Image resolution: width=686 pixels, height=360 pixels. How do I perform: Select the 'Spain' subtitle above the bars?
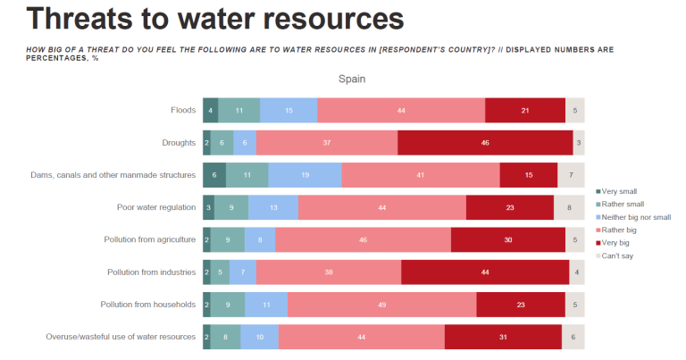(351, 79)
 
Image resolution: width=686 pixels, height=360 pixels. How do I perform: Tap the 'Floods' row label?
(183, 110)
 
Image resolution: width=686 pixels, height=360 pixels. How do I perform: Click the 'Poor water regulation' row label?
(156, 207)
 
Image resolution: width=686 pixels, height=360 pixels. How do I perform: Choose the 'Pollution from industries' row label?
(151, 272)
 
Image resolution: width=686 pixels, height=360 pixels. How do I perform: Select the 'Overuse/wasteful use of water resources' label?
(121, 337)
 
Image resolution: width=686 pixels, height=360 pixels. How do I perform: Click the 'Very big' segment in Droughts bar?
(485, 142)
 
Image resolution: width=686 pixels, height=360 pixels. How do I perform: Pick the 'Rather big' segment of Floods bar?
(401, 110)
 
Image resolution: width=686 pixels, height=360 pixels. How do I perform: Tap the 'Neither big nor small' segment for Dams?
(305, 175)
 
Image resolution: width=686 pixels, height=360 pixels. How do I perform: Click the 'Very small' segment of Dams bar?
(214, 175)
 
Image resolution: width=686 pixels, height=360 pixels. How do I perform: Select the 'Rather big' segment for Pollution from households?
(381, 305)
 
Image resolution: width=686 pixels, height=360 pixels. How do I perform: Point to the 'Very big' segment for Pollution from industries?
(485, 272)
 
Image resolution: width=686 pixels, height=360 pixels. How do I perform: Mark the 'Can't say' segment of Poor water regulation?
(569, 207)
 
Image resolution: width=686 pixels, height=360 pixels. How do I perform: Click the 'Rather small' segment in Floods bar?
(239, 110)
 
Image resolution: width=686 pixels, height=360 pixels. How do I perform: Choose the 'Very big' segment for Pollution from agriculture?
(507, 239)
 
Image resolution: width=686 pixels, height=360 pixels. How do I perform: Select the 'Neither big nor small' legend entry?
(637, 217)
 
